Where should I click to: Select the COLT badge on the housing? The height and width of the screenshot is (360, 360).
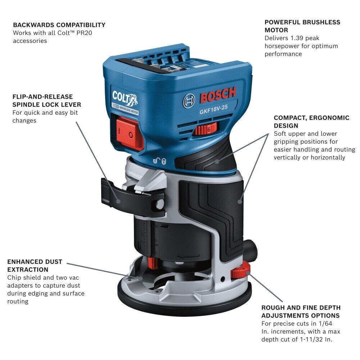(123, 98)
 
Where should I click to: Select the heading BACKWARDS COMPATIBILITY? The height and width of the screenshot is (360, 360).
(59, 25)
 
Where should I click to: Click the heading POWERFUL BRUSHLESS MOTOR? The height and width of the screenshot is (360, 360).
(302, 26)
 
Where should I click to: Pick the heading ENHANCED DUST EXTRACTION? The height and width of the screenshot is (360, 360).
(35, 266)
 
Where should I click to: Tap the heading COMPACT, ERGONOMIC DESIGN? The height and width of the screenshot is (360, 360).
(311, 122)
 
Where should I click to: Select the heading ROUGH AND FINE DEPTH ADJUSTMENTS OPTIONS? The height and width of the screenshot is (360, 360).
(301, 312)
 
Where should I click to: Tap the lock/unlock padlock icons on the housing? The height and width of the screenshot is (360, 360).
(158, 161)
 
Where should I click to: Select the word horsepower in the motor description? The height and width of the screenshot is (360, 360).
(283, 46)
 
